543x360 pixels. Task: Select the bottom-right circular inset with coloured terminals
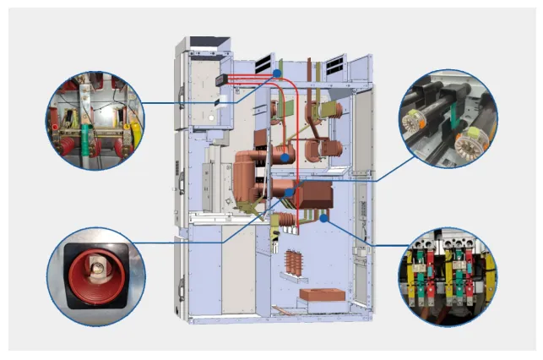coord(448,273)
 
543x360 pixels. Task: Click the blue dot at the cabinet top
coord(276,74)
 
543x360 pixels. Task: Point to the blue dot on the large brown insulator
coord(287,157)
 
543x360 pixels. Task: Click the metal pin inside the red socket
coord(96,268)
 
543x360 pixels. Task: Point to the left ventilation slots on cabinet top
coord(262,63)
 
